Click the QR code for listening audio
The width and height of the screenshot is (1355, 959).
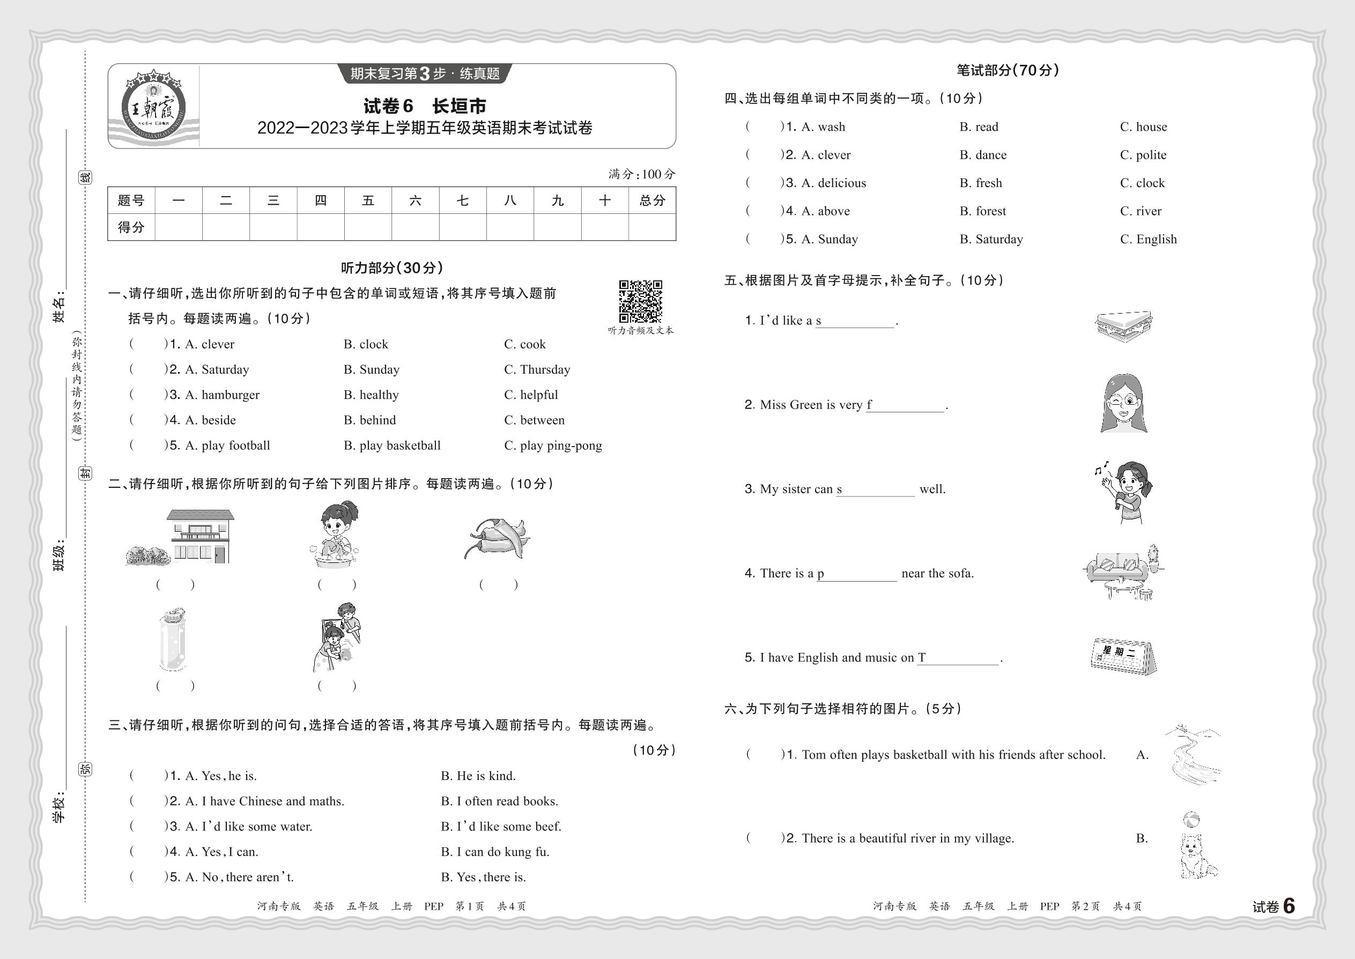coord(640,301)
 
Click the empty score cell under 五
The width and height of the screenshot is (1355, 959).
coord(368,227)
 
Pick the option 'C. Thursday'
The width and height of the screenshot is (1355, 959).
coord(537,370)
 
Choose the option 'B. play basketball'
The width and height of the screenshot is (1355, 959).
coord(392,446)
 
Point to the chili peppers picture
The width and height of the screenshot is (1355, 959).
coord(498,537)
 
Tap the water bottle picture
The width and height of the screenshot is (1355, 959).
coord(173,640)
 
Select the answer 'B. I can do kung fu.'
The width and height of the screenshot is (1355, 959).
coord(495,852)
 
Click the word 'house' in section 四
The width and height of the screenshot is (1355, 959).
coord(1151,127)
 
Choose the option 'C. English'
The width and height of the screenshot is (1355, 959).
coord(1148,239)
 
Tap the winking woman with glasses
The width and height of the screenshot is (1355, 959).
coord(1123,404)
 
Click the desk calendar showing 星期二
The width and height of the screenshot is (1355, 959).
coord(1123,656)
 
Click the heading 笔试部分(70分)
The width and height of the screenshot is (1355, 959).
coord(1008,71)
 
